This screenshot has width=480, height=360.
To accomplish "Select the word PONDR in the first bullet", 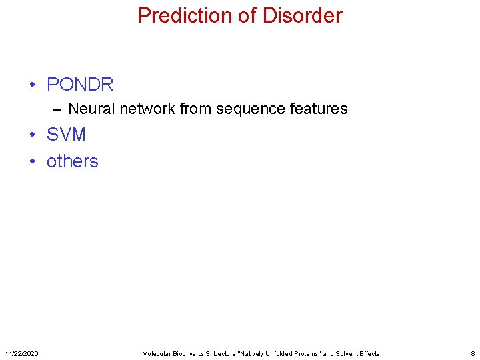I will click(x=80, y=85).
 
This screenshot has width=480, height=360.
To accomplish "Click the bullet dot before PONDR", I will click(x=32, y=85).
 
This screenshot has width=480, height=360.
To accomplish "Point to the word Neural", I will click(x=92, y=109).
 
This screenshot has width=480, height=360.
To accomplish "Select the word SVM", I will click(x=66, y=135).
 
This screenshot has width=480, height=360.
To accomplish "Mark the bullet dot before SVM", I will click(x=32, y=135).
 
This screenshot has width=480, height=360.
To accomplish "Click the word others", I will click(x=72, y=161).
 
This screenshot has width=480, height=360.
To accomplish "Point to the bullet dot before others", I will click(x=32, y=162).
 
